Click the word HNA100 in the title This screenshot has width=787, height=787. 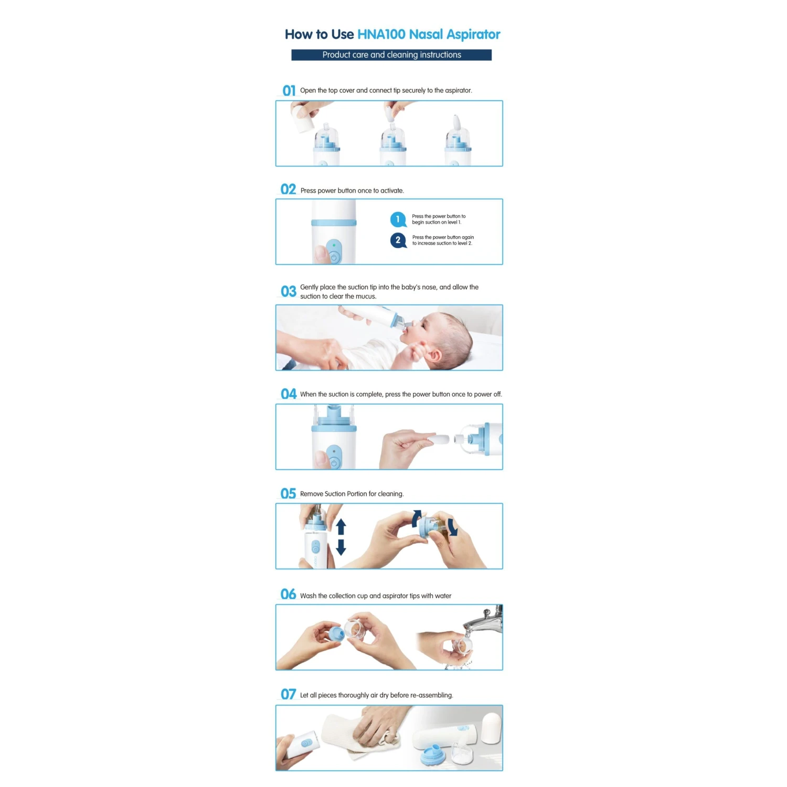[381, 35]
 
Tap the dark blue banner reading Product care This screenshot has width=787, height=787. [391, 55]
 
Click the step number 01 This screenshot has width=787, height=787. [289, 91]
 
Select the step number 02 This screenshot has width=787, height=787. [289, 189]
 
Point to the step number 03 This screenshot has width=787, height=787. [289, 291]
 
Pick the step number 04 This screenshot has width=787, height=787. [289, 394]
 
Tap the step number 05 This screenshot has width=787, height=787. [289, 493]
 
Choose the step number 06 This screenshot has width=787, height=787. [289, 594]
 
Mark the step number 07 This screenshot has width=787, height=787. [289, 694]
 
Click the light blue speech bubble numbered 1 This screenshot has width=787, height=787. [398, 219]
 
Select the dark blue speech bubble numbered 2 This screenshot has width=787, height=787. [398, 240]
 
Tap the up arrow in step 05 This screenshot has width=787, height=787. [341, 526]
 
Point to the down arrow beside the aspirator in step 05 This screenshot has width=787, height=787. [341, 547]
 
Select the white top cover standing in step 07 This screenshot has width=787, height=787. [492, 727]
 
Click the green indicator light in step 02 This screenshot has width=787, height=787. [334, 245]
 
